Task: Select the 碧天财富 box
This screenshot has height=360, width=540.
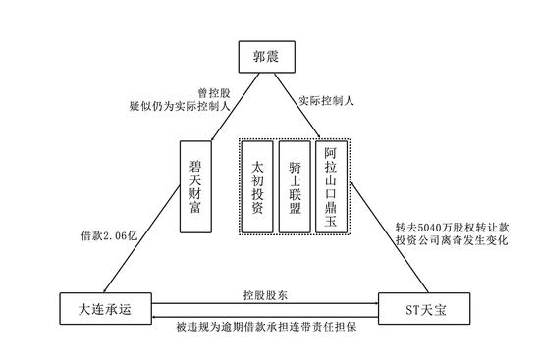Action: [x=196, y=185]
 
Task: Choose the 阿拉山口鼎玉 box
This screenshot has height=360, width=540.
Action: [x=331, y=185]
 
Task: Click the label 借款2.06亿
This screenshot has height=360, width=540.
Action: [x=114, y=236]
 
